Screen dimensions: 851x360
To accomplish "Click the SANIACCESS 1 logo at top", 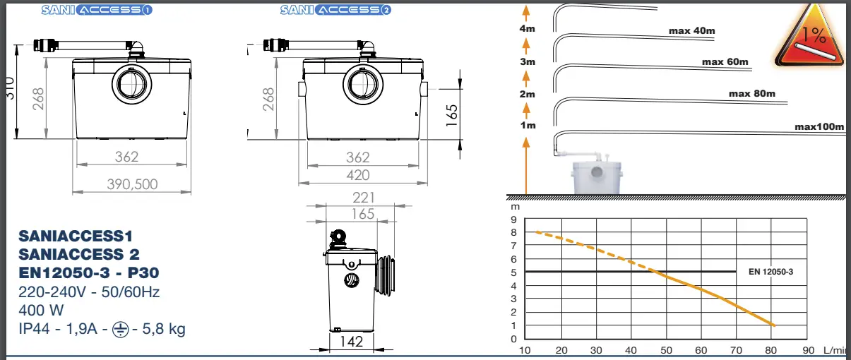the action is pos(97,10).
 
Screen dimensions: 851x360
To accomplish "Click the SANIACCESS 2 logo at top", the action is pos(335,10).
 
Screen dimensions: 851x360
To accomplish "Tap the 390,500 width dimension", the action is pos(132,184).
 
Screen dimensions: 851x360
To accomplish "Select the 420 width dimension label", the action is pos(358,175).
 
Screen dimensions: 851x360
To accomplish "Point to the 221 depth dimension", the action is pos(364,198).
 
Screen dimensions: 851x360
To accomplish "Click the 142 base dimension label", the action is pos(351,342).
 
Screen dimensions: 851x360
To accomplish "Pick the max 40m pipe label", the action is pos(692,31).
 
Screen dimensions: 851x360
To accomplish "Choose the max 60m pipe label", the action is pos(725,61).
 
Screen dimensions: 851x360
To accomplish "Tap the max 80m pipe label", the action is pos(752,93).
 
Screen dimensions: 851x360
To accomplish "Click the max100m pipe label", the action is pos(819,126).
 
